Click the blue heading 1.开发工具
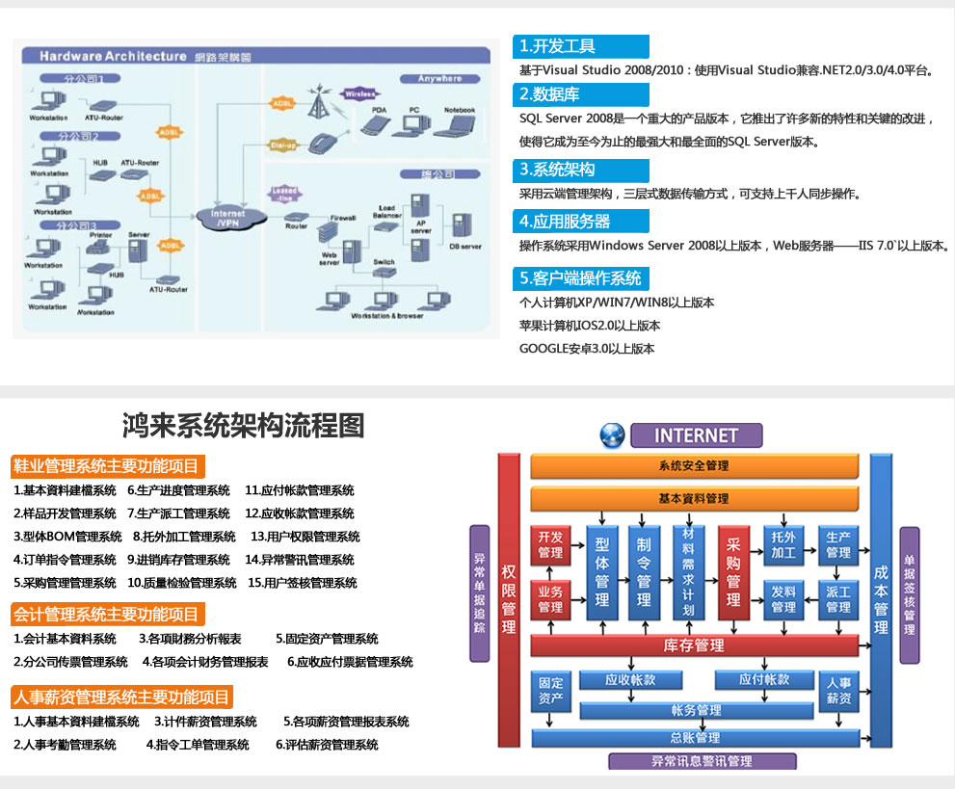click(x=581, y=46)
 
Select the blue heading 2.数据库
click(x=581, y=94)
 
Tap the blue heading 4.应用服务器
click(x=581, y=221)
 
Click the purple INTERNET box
click(x=696, y=435)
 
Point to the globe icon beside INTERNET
click(x=612, y=435)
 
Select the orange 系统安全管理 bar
click(x=694, y=466)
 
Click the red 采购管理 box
click(x=733, y=573)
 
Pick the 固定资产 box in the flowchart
click(x=550, y=691)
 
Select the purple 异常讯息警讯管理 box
click(x=703, y=761)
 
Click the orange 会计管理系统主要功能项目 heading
click(x=109, y=614)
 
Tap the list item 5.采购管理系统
click(x=65, y=583)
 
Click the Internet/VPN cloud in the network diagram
click(x=227, y=218)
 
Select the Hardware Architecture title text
click(x=113, y=57)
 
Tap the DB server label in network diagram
click(x=465, y=247)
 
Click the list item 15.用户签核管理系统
click(x=303, y=583)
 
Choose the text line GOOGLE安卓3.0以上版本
click(x=587, y=349)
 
